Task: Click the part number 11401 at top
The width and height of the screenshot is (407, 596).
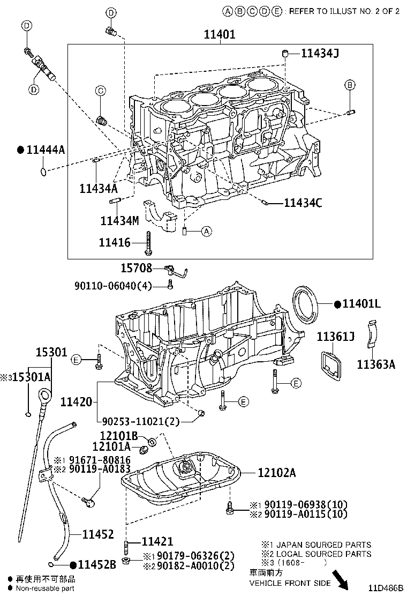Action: (220, 35)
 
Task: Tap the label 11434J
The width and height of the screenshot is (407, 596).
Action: (320, 53)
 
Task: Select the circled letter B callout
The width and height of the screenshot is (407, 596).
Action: (349, 85)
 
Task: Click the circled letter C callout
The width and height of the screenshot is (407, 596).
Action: (100, 91)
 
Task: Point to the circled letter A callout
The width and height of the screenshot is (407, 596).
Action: (207, 232)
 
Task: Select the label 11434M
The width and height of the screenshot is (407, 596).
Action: (119, 220)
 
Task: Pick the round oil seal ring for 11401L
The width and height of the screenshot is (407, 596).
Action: (306, 304)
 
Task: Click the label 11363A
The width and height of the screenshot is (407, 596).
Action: (376, 364)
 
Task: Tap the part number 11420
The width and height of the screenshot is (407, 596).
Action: (76, 401)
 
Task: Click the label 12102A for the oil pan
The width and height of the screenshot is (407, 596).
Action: (276, 473)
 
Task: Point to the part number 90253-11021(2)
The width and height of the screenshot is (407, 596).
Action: (141, 421)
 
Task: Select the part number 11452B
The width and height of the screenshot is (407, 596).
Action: (96, 564)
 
